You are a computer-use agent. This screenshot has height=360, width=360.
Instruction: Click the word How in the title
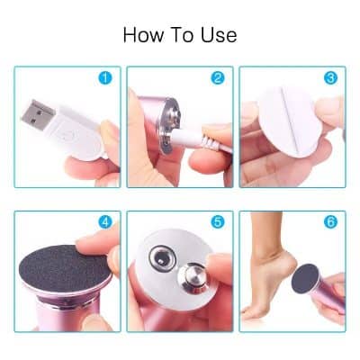(x=142, y=36)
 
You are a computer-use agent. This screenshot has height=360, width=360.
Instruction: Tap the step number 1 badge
(x=106, y=78)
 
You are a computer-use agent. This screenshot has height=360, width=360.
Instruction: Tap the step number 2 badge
(x=217, y=78)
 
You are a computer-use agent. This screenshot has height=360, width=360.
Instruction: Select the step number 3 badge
(x=329, y=78)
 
